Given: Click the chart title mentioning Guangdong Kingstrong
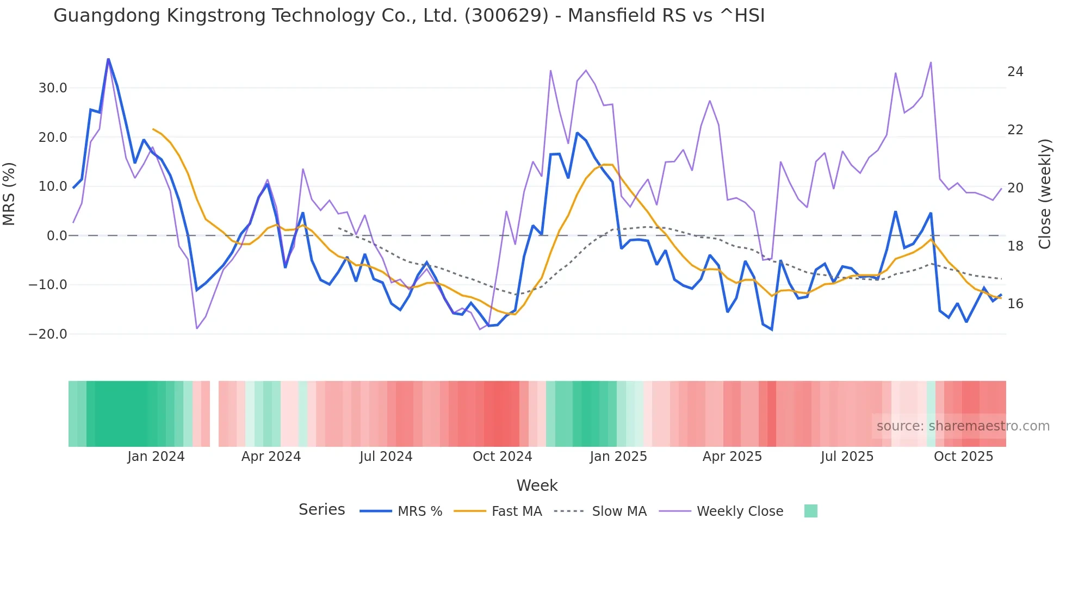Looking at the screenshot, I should click(409, 16).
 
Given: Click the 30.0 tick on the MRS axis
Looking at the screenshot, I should click(53, 88).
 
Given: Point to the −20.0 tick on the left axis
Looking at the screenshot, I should click(48, 334).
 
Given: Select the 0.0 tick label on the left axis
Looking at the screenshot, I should click(57, 236).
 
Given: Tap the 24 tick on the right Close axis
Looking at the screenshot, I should click(1015, 72).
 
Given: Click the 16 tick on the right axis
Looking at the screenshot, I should click(1015, 304).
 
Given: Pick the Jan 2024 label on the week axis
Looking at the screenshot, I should click(156, 457).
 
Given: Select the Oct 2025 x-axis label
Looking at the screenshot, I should click(963, 457).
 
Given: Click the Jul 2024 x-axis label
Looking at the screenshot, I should click(386, 457).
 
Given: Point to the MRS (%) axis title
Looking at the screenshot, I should click(9, 194).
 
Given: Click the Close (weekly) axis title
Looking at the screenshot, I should click(1044, 194).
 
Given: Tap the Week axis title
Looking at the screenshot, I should click(537, 485).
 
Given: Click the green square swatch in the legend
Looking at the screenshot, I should click(810, 511).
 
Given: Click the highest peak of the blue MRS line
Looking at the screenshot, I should click(108, 59).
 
